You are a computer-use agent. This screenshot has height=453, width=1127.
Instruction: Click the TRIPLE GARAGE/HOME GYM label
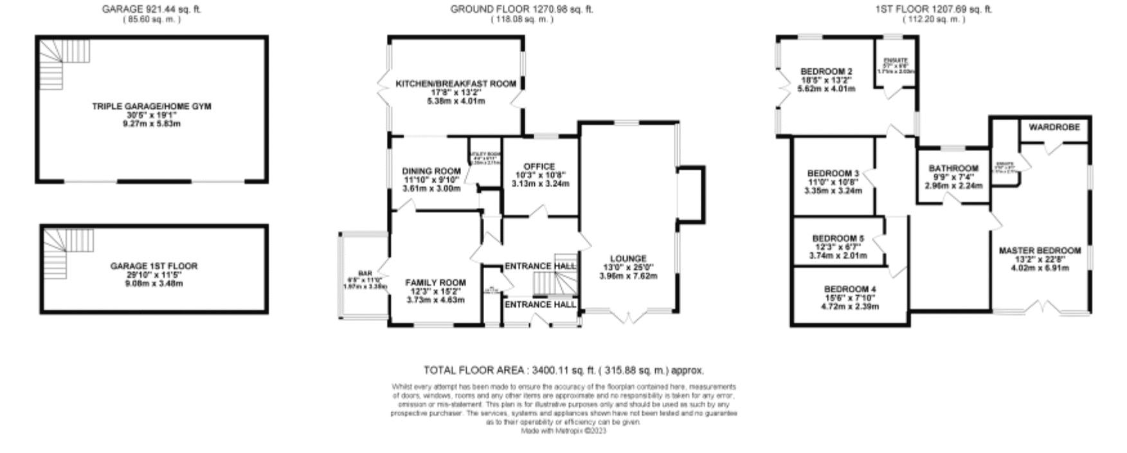coord(151,106)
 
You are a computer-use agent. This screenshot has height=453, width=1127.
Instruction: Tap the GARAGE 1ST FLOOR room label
coord(154,266)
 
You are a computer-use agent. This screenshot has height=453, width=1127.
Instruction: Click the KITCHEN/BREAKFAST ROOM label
coord(456,84)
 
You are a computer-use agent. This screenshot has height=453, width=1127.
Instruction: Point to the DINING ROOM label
coord(431,171)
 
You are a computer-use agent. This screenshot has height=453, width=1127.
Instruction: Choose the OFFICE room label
coord(539,166)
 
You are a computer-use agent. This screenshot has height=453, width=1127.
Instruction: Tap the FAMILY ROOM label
coord(435,282)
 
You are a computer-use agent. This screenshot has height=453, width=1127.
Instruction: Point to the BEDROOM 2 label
coord(826,71)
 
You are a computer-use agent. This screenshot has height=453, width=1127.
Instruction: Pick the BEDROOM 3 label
coord(833,173)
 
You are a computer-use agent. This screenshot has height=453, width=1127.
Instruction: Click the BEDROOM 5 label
coord(838,239)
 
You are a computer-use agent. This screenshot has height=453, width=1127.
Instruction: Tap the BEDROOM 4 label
coord(849,289)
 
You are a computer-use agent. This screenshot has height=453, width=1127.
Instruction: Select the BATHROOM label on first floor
coord(953,169)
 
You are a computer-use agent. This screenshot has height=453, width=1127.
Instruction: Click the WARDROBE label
coord(1054,127)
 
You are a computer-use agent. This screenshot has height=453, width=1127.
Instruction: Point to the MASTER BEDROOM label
coord(1040,250)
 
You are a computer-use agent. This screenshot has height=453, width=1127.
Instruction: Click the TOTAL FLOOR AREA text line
coord(563,371)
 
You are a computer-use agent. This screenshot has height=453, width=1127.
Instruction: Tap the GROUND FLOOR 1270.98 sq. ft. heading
coord(521,9)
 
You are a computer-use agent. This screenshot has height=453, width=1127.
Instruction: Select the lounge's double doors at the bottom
coord(628,316)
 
